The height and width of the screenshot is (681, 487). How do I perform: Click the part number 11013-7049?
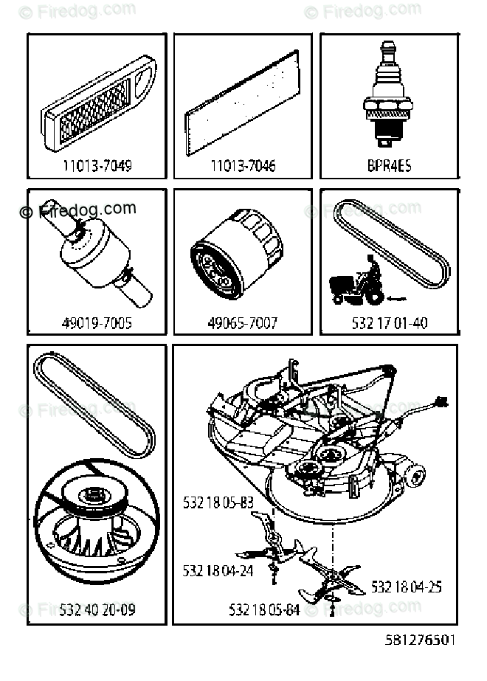97,166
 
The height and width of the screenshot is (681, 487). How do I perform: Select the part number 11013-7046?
243,166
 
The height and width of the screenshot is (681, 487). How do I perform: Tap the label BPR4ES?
389,166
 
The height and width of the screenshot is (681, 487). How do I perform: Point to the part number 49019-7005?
97,323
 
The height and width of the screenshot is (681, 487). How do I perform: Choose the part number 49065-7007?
243,323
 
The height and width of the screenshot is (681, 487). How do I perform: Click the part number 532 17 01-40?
390,323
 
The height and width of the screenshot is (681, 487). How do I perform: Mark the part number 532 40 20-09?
97,610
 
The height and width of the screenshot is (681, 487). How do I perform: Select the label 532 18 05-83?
218,502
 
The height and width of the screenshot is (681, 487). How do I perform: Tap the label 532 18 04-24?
218,570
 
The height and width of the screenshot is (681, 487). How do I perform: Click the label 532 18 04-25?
406,587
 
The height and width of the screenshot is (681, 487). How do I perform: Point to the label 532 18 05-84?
264,610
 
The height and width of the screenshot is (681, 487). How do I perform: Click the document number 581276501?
421,639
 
